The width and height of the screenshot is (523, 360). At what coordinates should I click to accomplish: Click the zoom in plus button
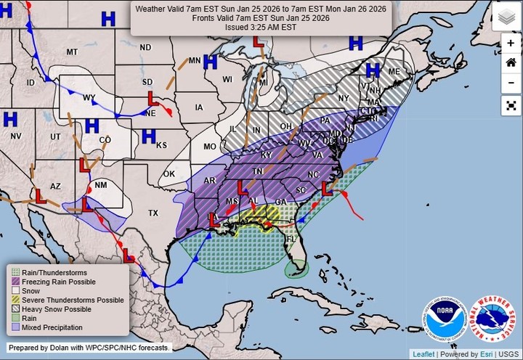coord(511,44)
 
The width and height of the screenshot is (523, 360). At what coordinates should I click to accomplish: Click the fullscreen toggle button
coord(511,105)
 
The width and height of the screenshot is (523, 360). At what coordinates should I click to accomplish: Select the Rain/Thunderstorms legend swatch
coord(15,272)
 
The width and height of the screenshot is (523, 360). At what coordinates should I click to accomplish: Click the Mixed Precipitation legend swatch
coord(15,328)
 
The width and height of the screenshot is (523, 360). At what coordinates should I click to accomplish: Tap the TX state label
coord(153,213)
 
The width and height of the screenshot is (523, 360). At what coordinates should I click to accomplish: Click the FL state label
coord(291,239)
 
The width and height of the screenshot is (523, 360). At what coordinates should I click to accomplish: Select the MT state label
coord(72,52)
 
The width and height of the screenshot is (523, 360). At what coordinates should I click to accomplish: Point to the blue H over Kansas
coord(148,136)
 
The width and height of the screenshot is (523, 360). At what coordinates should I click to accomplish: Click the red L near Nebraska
coord(153,97)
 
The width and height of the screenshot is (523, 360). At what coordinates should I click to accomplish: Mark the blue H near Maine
coord(373,70)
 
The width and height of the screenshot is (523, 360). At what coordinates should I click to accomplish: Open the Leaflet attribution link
coord(422,354)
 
